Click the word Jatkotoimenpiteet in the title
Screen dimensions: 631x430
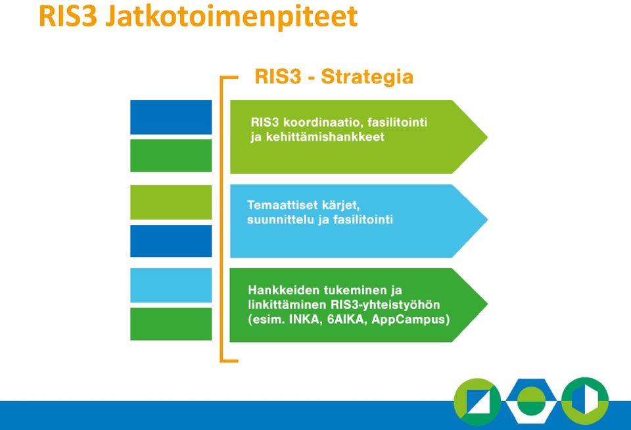coord(231,17)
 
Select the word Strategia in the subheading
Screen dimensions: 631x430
coord(367,76)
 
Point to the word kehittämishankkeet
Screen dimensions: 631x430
coord(325,137)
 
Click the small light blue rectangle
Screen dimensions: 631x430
coord(171,285)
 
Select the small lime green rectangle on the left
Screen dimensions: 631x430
coord(171,202)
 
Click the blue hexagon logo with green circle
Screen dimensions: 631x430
coord(531,400)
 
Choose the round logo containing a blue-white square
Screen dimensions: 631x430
coord(477,402)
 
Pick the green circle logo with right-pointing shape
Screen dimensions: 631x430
coord(585,400)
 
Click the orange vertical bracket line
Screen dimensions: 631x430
coord(222,219)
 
